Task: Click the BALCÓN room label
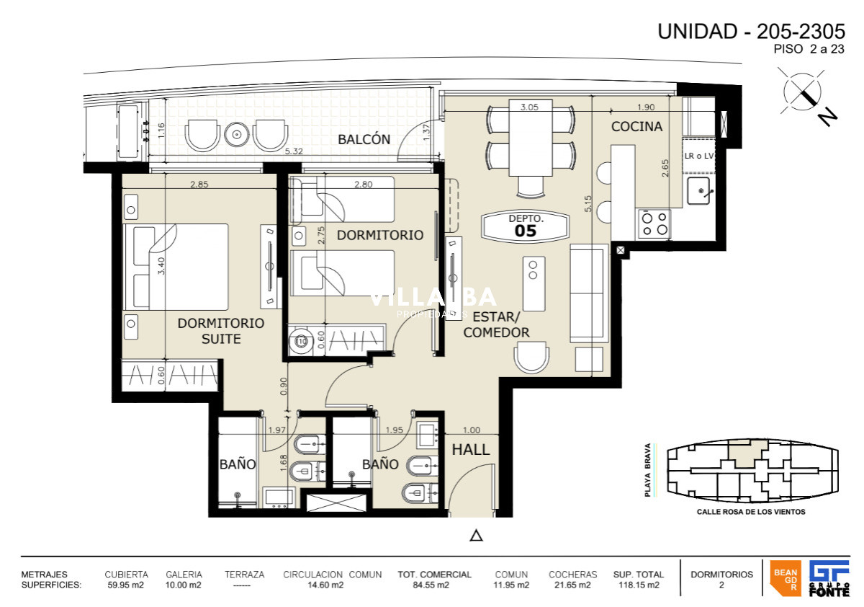point(364,140)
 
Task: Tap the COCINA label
point(636,127)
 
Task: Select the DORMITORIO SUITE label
point(220,331)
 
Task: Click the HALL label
point(471,450)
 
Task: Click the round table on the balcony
point(235,134)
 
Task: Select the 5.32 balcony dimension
point(292,152)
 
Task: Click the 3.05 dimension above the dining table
point(530,106)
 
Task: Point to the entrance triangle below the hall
point(475,535)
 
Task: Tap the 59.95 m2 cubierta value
point(126,585)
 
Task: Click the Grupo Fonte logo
point(829,578)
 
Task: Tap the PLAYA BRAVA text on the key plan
point(648,471)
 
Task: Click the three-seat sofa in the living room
point(588,293)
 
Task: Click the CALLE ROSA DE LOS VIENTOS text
point(751,512)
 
